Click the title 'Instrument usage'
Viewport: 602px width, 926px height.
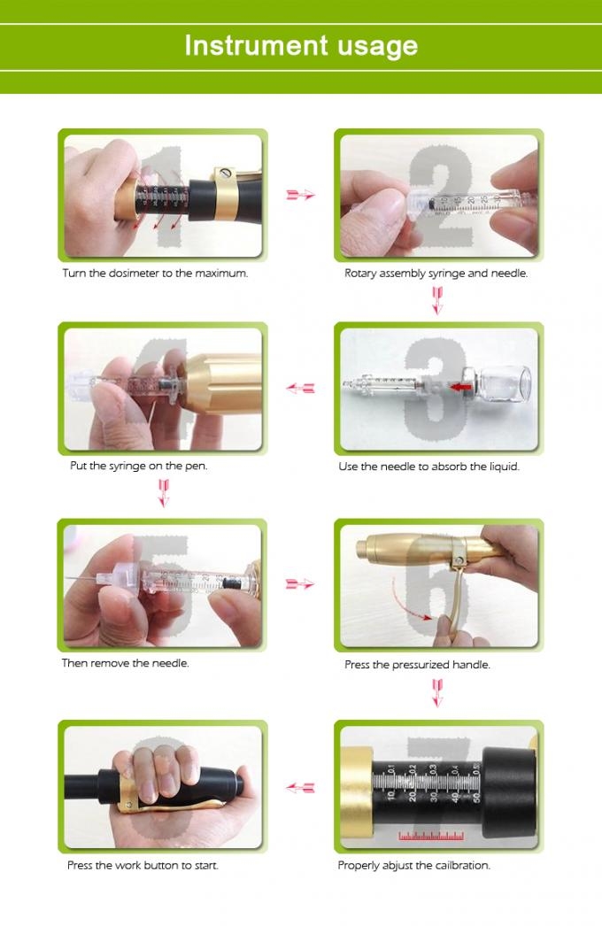click(x=301, y=45)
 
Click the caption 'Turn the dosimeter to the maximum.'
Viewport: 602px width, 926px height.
click(x=155, y=273)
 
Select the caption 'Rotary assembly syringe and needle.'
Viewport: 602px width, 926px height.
click(x=436, y=273)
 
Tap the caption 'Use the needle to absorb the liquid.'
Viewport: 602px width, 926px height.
click(x=428, y=467)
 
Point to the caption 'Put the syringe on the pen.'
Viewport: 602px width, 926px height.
click(x=139, y=466)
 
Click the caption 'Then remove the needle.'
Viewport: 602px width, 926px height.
click(x=125, y=662)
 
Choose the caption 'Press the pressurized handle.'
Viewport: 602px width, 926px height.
click(x=417, y=664)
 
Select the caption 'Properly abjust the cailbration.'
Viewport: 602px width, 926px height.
click(x=413, y=865)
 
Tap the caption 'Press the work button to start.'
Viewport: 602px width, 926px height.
click(x=143, y=865)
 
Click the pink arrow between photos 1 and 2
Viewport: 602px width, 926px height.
click(x=301, y=195)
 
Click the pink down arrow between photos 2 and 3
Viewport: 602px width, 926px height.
click(x=436, y=302)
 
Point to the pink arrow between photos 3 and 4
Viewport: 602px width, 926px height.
click(x=301, y=388)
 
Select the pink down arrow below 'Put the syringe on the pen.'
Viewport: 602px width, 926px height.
click(x=163, y=492)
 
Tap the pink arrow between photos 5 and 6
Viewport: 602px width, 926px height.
click(x=301, y=584)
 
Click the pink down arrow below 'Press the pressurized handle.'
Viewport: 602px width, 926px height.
click(x=436, y=691)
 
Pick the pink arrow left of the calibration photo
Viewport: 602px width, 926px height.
click(x=301, y=787)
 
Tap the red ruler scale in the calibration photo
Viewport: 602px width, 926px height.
click(x=431, y=834)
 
